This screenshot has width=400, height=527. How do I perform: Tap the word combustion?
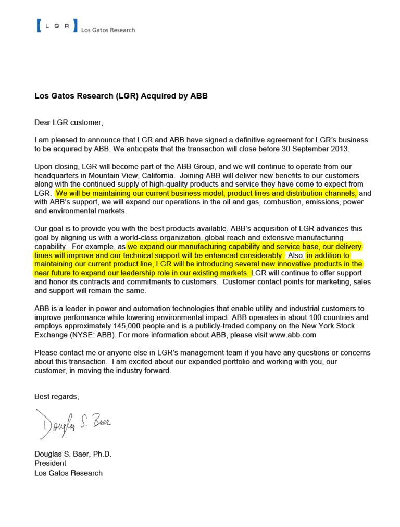coord(265,202)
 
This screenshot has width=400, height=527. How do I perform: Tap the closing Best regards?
coord(56,397)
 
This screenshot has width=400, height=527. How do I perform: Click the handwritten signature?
coord(73,424)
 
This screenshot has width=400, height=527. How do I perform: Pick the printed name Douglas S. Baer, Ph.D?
coord(73,454)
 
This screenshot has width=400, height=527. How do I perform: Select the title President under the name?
coord(50,463)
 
